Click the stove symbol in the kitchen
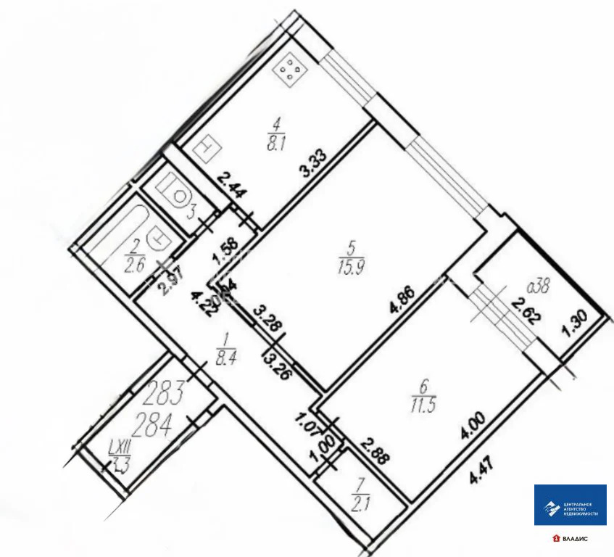click(291, 70)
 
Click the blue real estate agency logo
click(570, 505)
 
